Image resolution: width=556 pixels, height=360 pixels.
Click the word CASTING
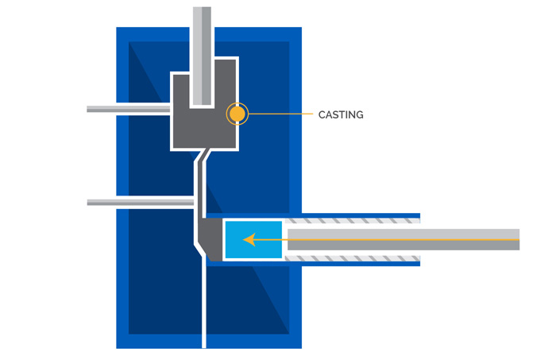point(341,114)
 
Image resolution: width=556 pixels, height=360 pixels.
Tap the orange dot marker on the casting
point(237,114)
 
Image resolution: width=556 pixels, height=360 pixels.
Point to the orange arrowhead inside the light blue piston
point(249,238)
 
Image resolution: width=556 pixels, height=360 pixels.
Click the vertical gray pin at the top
point(202,48)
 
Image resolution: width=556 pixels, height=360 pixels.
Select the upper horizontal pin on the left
point(127,108)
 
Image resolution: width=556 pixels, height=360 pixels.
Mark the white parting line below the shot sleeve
point(204,306)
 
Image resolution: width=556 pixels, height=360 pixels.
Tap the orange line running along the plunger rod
point(397,238)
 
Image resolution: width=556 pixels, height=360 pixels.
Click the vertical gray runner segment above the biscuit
point(199,191)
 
